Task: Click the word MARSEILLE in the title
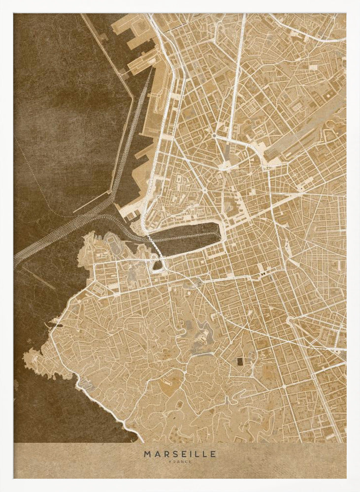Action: point(180,454)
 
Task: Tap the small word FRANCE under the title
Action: point(180,461)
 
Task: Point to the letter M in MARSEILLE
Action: point(147,454)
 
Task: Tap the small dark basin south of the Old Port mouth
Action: point(157,265)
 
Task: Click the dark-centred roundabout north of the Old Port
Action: point(215,135)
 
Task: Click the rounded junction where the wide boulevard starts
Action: point(291,322)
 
